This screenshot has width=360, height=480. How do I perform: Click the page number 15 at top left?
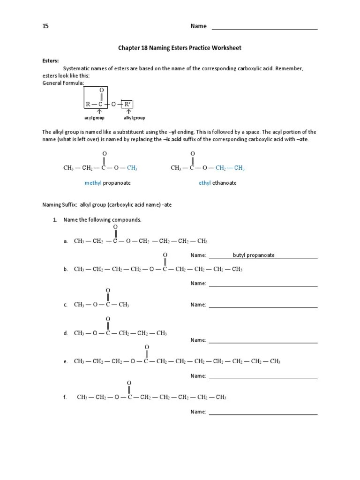click(45, 26)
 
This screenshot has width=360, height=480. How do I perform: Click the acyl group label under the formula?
click(94, 118)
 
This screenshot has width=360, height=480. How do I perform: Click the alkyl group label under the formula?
click(134, 118)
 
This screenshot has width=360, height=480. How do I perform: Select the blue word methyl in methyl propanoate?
click(93, 183)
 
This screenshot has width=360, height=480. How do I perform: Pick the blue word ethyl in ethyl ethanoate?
click(205, 183)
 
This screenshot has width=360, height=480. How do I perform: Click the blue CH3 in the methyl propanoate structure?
click(132, 168)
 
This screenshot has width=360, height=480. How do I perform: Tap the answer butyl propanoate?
click(254, 255)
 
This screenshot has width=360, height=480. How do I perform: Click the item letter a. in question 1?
click(66, 241)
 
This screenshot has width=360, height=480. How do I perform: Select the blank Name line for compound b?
click(263, 285)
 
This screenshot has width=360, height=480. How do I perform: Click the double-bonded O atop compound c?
click(108, 290)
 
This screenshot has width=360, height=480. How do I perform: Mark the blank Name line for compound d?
click(263, 341)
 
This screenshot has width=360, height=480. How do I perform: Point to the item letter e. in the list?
click(66, 361)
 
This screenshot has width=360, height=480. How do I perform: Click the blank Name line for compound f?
click(263, 413)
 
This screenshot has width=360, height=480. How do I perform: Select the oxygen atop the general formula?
click(101, 90)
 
